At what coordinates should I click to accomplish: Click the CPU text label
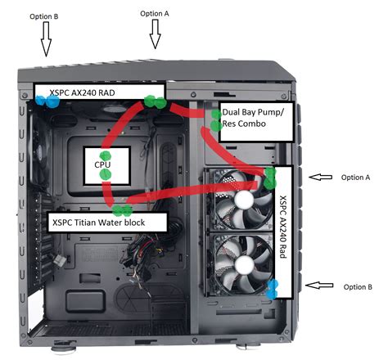102,164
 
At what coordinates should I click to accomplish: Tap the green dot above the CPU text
104,154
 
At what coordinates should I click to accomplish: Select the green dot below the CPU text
104,174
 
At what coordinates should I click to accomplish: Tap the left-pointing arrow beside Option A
322,177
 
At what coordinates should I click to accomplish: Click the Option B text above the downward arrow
43,16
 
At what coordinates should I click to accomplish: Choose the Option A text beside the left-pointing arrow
355,177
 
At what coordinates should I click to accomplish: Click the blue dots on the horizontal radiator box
45,100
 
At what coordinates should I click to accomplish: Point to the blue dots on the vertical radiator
273,287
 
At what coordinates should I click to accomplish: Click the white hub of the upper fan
245,199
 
